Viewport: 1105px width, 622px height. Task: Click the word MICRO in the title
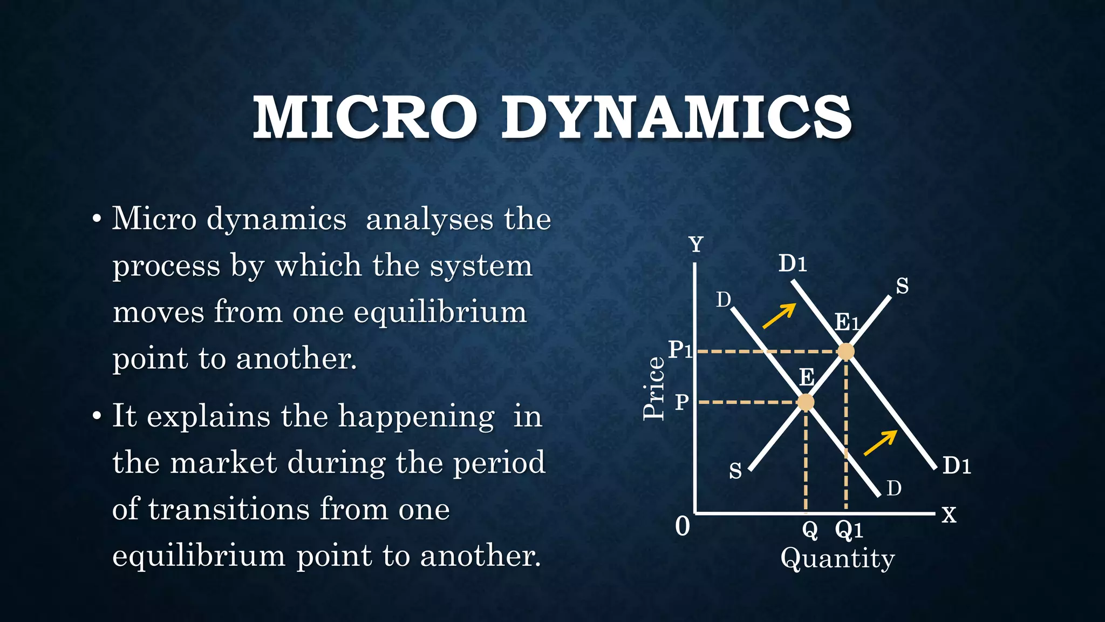click(x=365, y=117)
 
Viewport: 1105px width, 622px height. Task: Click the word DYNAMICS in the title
click(x=677, y=117)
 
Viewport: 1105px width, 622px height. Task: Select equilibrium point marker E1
click(x=845, y=351)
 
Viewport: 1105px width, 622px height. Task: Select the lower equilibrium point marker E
click(x=805, y=402)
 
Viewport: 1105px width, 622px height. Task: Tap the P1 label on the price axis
click(x=680, y=350)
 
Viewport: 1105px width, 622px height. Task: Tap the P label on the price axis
click(x=682, y=402)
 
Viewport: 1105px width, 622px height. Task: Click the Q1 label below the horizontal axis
click(x=849, y=530)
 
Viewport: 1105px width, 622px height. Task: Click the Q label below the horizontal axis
click(x=810, y=530)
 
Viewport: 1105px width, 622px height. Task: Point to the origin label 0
click(x=683, y=526)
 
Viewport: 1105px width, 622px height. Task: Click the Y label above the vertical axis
click(x=697, y=245)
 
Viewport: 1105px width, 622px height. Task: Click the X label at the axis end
click(x=949, y=515)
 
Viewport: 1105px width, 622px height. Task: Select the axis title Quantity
click(x=837, y=559)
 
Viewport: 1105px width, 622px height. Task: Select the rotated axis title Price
click(x=654, y=388)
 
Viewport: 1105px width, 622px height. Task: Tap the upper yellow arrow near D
click(x=779, y=316)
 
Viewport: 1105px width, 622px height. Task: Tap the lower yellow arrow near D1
click(x=881, y=443)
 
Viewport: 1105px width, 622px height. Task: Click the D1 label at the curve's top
click(x=792, y=264)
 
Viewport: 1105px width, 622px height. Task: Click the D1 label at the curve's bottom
click(x=957, y=466)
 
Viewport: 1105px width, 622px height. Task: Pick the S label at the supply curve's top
click(x=902, y=286)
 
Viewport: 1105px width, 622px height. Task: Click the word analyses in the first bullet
click(x=429, y=220)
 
